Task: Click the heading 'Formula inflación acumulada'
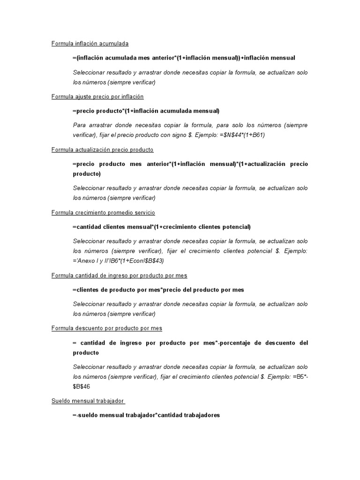90,44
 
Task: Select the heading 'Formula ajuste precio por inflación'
97,97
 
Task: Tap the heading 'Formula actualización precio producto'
102,150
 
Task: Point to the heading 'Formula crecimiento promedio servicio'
103,213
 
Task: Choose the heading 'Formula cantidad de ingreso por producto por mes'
119,276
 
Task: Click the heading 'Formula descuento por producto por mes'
106,329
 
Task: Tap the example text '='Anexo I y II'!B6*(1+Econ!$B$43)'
119,261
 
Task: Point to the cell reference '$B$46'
82,386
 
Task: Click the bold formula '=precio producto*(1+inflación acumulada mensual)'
146,111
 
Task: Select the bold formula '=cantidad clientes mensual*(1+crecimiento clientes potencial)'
162,227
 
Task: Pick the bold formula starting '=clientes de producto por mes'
158,290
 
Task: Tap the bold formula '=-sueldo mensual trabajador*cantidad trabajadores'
146,415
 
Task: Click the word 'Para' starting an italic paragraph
79,125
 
